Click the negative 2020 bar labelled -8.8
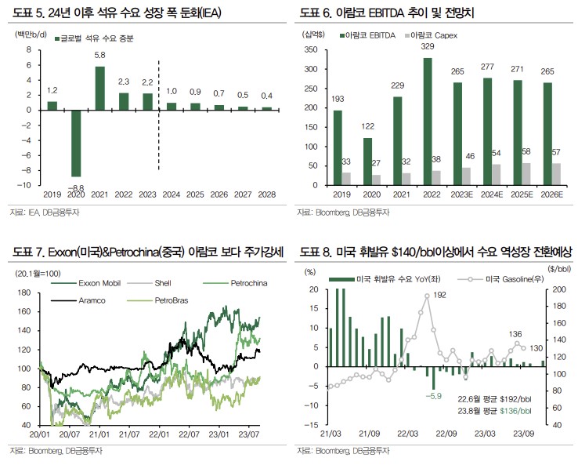pos(77,143)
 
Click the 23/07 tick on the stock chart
pos(249,434)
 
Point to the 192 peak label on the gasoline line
pos(439,295)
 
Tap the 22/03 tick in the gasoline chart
pos(404,434)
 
